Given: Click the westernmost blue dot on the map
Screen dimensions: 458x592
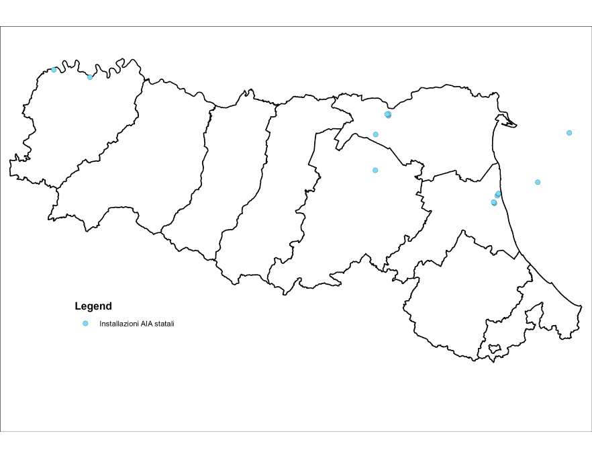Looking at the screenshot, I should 54,70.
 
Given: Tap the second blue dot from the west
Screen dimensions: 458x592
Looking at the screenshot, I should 90,77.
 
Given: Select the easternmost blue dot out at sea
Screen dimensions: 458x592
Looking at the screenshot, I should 569,133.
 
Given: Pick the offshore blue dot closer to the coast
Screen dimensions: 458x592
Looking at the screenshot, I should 538,182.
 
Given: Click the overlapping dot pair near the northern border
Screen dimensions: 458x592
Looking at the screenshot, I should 388,115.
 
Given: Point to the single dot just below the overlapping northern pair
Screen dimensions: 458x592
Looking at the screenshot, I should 375,134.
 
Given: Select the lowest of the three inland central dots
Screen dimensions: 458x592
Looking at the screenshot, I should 375,170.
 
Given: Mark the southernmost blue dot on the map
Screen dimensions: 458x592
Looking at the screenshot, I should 494,202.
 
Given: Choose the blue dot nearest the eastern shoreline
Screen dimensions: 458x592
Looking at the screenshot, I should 498,194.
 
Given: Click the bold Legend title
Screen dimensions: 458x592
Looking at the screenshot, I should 93,306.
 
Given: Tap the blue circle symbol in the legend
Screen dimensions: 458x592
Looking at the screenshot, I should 85,324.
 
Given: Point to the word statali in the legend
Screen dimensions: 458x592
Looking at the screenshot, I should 164,324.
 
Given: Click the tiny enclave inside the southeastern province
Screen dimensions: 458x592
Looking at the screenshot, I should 495,349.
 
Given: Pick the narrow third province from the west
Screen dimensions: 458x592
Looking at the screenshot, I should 235,168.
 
